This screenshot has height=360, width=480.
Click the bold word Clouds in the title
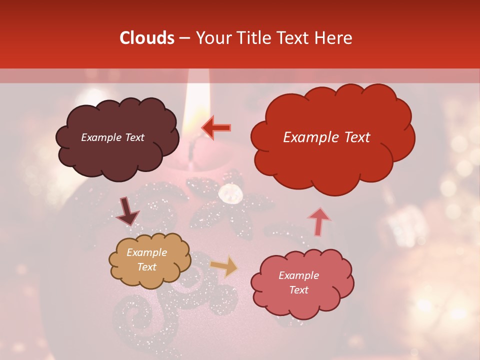(x=147, y=38)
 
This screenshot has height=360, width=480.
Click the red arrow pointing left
(x=216, y=127)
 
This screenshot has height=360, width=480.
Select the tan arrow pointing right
(x=224, y=266)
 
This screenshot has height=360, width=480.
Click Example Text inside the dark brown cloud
(x=112, y=137)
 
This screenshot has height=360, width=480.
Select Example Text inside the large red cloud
(x=326, y=137)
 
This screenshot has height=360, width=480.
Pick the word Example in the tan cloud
(x=146, y=252)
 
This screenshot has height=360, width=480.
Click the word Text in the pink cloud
(x=298, y=290)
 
